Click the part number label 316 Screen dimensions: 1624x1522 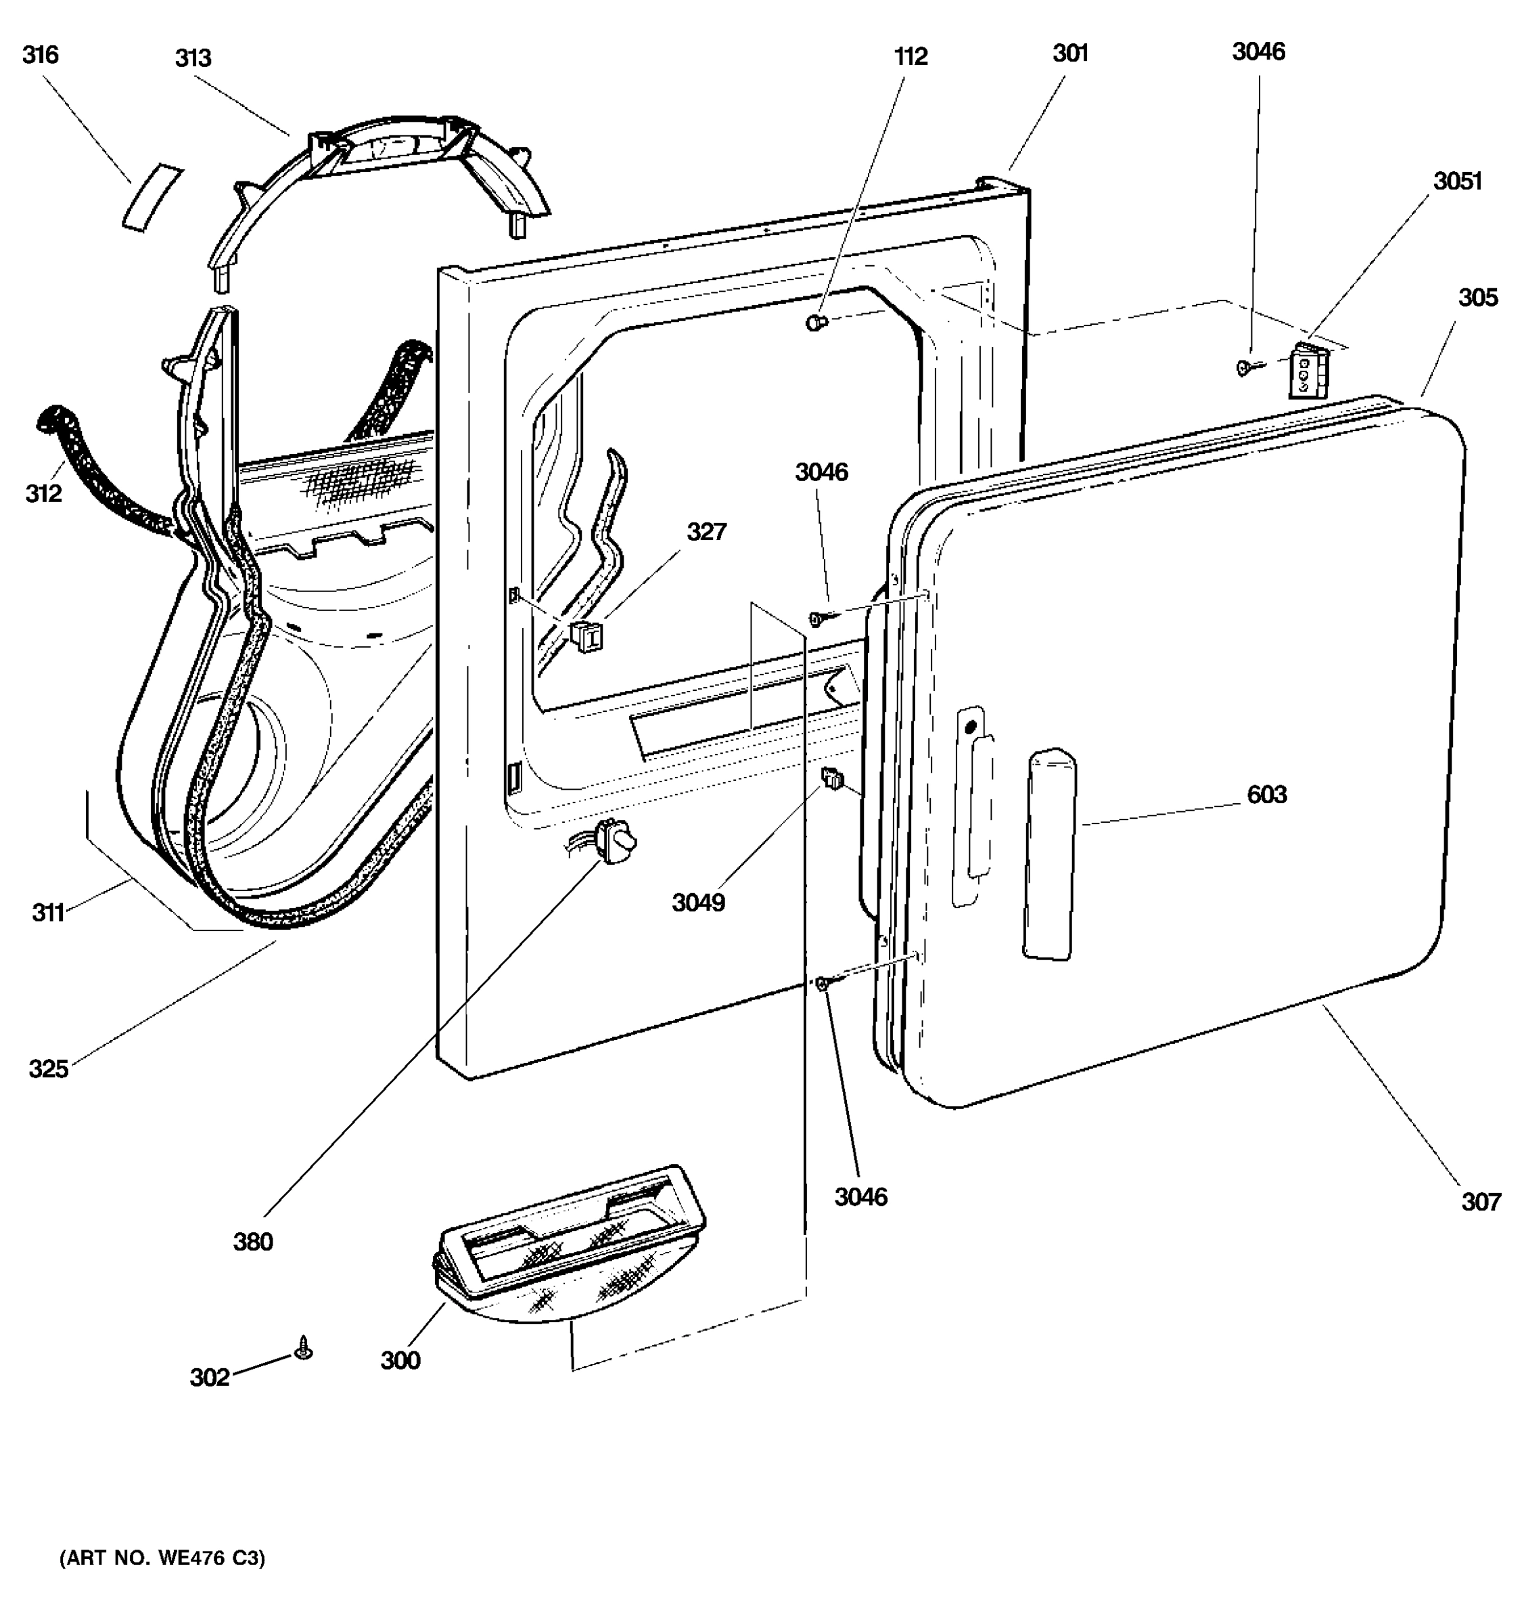pos(40,55)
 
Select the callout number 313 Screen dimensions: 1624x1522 pos(193,58)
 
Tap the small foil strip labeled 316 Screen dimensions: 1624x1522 pos(153,198)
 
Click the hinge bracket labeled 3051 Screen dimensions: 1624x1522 pos(1308,371)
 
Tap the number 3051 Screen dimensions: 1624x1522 pos(1458,181)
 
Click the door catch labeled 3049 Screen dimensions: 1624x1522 pos(831,779)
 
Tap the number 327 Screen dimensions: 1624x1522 pos(706,532)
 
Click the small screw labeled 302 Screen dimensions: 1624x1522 pos(304,1347)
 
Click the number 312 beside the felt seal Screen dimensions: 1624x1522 pos(43,493)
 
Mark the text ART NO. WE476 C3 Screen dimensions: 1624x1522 pos(162,1558)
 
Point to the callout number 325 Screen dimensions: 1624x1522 pos(48,1068)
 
